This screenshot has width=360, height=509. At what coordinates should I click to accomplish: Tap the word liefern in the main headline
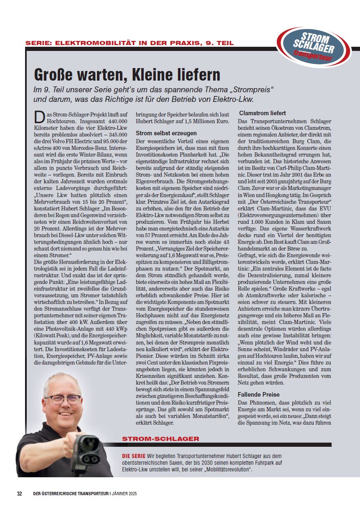[x=198, y=75]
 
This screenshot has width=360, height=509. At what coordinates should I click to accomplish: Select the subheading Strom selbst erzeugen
[x=166, y=133]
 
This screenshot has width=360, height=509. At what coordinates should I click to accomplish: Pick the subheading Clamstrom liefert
[x=262, y=113]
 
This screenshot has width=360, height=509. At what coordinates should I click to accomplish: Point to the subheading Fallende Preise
[x=259, y=394]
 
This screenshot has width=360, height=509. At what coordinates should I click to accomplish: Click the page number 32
[x=20, y=493]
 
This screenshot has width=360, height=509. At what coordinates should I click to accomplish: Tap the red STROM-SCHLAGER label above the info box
[x=161, y=439]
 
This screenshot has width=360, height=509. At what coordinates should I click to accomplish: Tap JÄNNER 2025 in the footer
[x=124, y=494]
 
